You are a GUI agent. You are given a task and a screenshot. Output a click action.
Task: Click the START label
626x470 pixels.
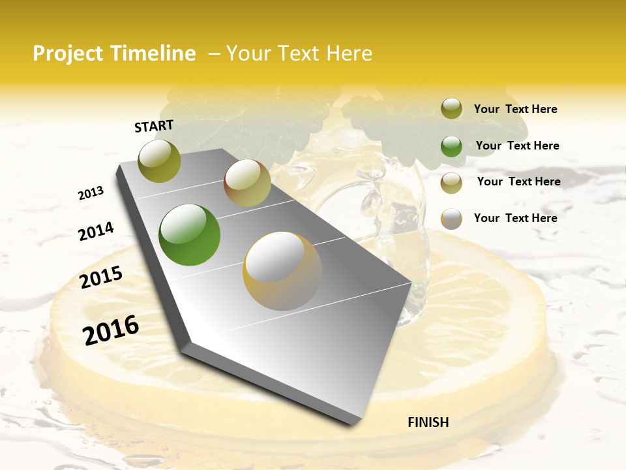click(x=154, y=126)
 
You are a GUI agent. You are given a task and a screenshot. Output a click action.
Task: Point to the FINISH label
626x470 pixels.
click(x=428, y=422)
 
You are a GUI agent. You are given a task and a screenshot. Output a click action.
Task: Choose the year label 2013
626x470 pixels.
click(x=91, y=193)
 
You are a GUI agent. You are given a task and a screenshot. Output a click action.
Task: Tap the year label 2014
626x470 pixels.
click(x=97, y=231)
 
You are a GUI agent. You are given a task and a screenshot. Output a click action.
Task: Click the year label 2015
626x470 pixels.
click(x=101, y=277)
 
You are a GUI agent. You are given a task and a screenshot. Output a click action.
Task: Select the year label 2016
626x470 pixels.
click(x=111, y=330)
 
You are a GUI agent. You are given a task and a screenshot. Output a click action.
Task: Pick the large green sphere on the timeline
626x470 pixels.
click(x=189, y=235)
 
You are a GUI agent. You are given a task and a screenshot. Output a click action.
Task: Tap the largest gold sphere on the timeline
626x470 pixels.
click(x=282, y=271)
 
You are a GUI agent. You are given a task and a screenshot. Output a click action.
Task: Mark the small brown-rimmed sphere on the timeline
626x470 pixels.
click(x=247, y=183)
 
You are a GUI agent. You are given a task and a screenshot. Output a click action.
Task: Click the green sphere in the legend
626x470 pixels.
click(x=451, y=146)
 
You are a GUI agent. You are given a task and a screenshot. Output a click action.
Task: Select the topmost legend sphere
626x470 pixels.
click(x=451, y=109)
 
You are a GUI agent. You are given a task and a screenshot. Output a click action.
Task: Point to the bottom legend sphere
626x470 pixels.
click(x=451, y=219)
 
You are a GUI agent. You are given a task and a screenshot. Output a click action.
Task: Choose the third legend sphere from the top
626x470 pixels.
click(x=451, y=183)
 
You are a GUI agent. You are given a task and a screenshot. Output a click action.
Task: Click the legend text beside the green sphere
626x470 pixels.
click(x=518, y=146)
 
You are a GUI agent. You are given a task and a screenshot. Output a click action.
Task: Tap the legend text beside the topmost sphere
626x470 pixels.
click(x=516, y=109)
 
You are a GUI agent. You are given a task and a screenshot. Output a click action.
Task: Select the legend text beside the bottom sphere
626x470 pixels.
click(x=516, y=218)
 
